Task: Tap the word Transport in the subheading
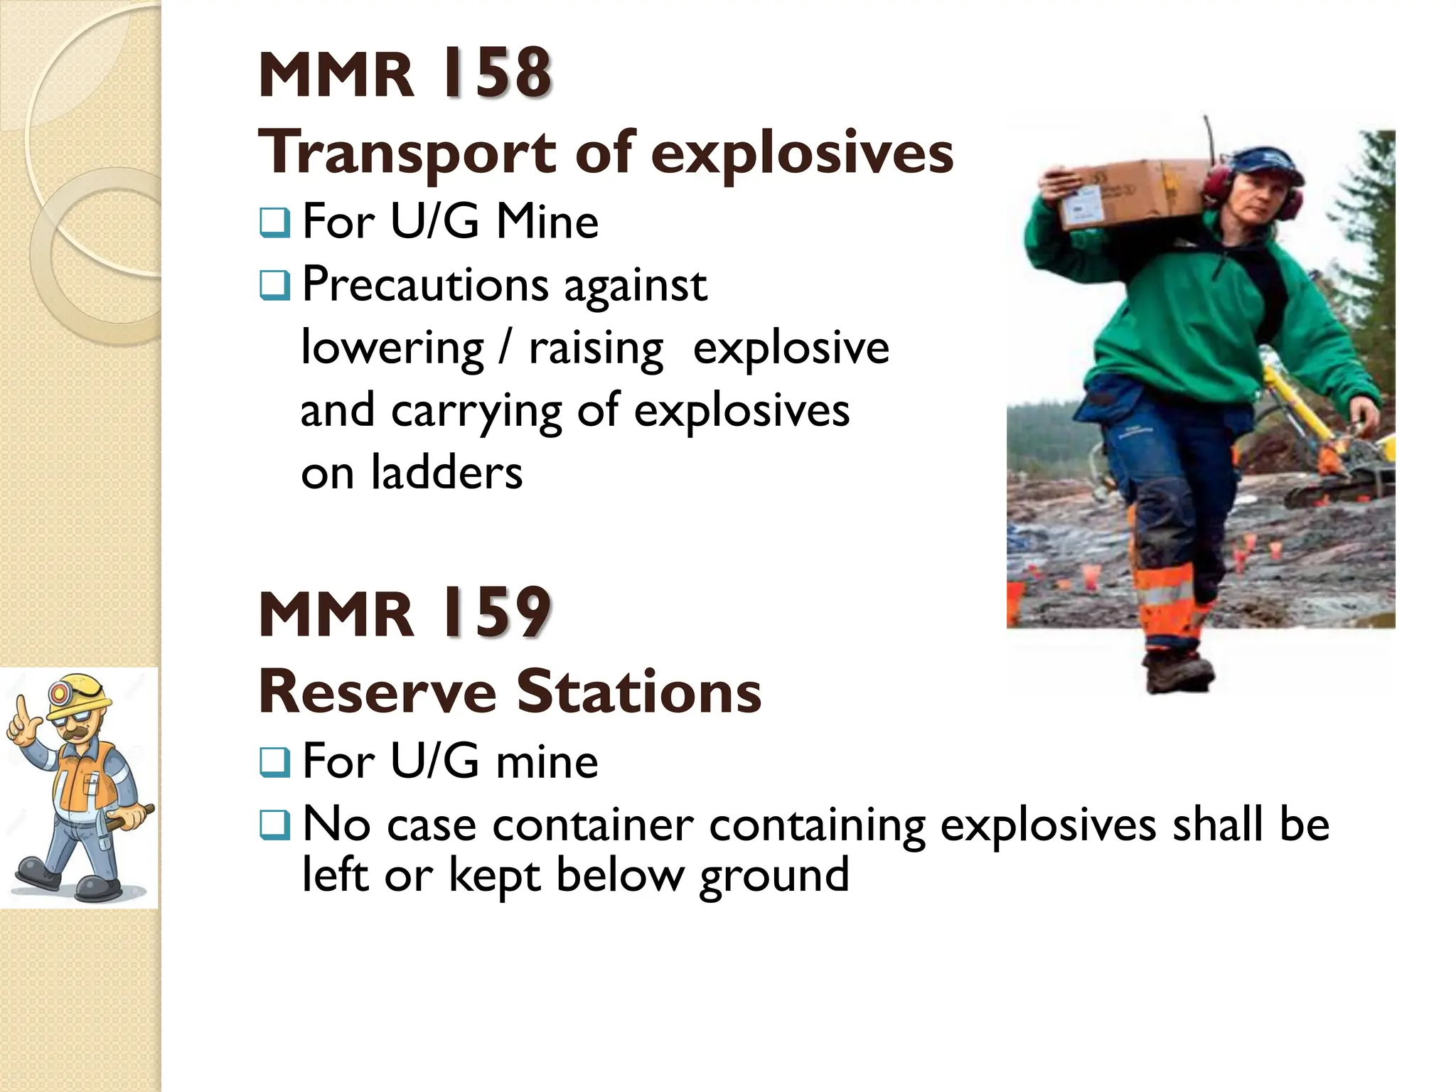click(x=408, y=152)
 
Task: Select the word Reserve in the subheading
click(x=378, y=692)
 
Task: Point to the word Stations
click(x=638, y=692)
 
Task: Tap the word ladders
click(x=446, y=473)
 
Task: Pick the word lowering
click(x=392, y=349)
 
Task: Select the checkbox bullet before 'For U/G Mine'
click(x=274, y=223)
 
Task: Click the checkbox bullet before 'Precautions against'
click(x=274, y=286)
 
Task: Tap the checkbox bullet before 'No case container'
click(x=274, y=825)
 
